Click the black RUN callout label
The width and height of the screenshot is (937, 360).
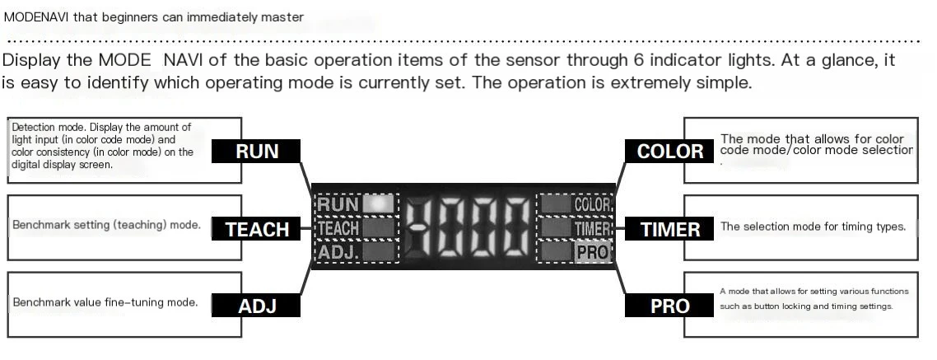click(256, 151)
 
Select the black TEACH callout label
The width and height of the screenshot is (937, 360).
click(256, 228)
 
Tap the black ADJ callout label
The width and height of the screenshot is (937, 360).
click(256, 306)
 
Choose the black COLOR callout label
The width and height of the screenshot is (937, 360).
click(669, 151)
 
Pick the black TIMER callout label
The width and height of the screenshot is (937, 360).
click(669, 228)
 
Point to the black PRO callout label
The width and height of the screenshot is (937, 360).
click(669, 306)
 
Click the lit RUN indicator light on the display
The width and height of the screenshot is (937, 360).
click(379, 204)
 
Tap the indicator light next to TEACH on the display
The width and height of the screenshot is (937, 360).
click(379, 228)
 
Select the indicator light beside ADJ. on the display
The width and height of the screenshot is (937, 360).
click(379, 252)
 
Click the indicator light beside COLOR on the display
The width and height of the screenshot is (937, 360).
click(555, 204)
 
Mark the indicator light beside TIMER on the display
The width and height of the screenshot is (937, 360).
click(555, 228)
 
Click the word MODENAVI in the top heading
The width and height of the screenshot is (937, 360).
click(36, 17)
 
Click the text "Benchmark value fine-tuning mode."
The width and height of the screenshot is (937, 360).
click(105, 302)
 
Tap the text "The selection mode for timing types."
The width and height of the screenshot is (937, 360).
click(813, 227)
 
